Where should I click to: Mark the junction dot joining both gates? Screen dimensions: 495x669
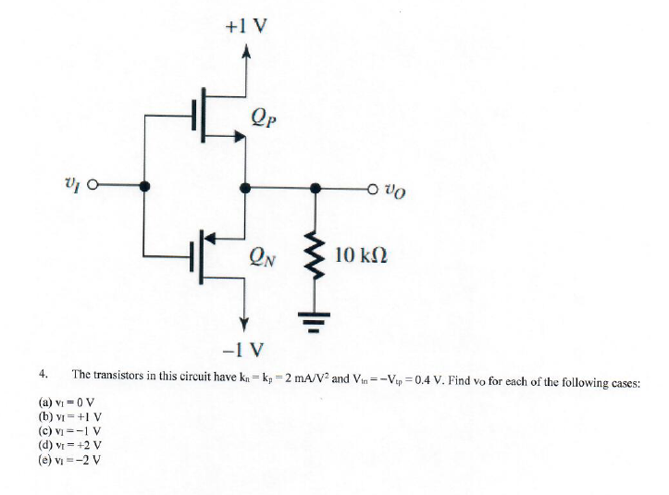[x=144, y=187]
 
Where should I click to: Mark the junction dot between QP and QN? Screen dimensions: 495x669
[x=244, y=188]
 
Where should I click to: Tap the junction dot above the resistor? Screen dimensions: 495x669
[x=316, y=188]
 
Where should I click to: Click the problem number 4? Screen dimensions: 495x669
[x=43, y=374]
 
